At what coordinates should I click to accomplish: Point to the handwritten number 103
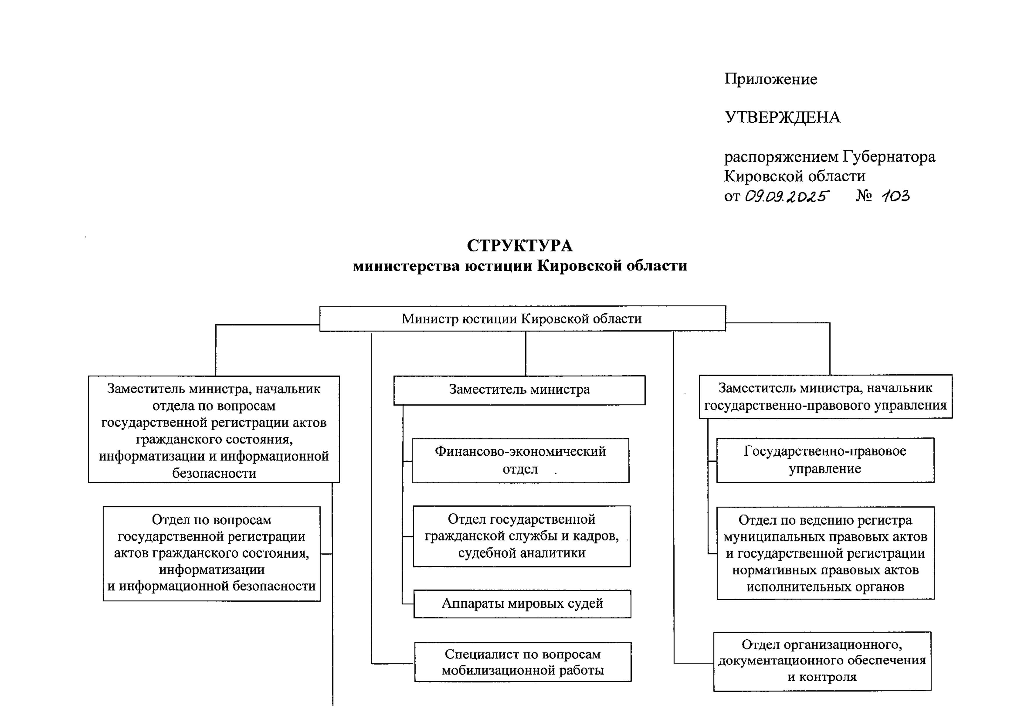(895, 196)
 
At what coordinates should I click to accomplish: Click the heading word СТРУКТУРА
(520, 246)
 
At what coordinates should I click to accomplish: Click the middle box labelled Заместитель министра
(519, 390)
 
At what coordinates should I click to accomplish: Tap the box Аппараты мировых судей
(522, 604)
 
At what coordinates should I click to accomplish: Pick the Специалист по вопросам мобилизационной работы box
(523, 662)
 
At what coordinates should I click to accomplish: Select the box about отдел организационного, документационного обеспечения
(822, 661)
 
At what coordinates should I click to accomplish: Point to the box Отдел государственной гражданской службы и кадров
(522, 536)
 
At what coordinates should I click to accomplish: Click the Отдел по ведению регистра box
(825, 553)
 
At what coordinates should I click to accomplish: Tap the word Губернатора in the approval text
(889, 157)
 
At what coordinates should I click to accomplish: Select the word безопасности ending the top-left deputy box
(214, 473)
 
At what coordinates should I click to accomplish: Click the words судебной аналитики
(522, 553)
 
